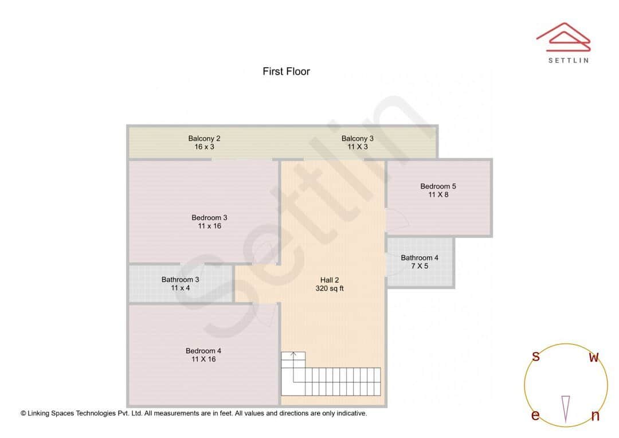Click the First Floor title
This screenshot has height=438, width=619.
point(286,72)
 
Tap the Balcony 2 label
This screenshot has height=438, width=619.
point(204,138)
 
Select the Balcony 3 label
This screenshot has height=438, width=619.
point(357,138)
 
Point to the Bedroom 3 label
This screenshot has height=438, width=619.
point(209,217)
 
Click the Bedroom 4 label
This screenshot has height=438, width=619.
point(203,351)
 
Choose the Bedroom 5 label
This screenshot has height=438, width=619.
point(438,186)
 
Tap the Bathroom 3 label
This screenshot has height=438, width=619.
point(180,280)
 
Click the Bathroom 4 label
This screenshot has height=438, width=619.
point(420,258)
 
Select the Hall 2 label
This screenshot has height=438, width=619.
point(330,280)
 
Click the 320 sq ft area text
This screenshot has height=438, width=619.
point(330,289)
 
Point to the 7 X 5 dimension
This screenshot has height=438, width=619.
point(420,266)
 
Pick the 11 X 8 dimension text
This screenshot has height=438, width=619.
point(438,195)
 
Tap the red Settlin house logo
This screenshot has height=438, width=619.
point(563,36)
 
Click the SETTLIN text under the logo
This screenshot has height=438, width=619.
point(568,60)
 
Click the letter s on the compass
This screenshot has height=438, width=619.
point(536,357)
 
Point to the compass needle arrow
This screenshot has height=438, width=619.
point(566,409)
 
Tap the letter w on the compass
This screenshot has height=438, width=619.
point(594,358)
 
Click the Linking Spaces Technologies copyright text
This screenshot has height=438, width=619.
point(194,413)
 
